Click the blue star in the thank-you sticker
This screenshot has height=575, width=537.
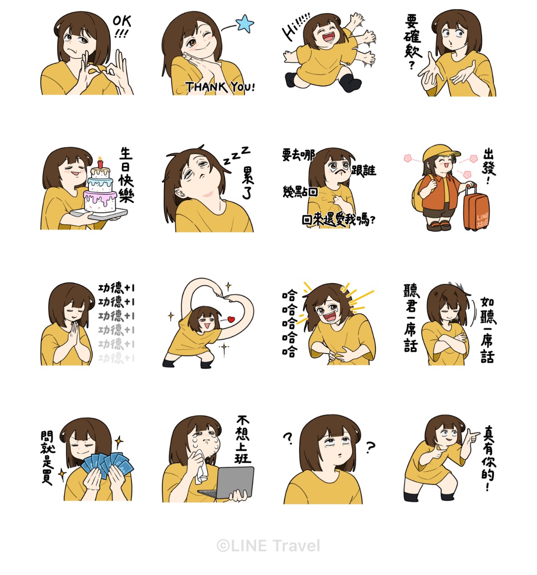(245, 23)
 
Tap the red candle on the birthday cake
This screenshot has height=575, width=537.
(101, 163)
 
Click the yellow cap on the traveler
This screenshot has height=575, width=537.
(440, 153)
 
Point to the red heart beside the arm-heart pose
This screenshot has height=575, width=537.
(231, 319)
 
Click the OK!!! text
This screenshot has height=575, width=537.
(122, 26)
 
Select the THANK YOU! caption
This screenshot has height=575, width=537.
(220, 87)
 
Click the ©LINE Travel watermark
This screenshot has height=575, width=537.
(268, 546)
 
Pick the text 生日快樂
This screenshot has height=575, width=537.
(126, 175)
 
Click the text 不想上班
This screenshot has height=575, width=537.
(243, 440)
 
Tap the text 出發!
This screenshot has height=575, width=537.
(489, 166)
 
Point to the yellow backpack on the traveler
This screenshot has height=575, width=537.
(419, 194)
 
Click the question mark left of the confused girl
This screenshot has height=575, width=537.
(288, 438)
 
